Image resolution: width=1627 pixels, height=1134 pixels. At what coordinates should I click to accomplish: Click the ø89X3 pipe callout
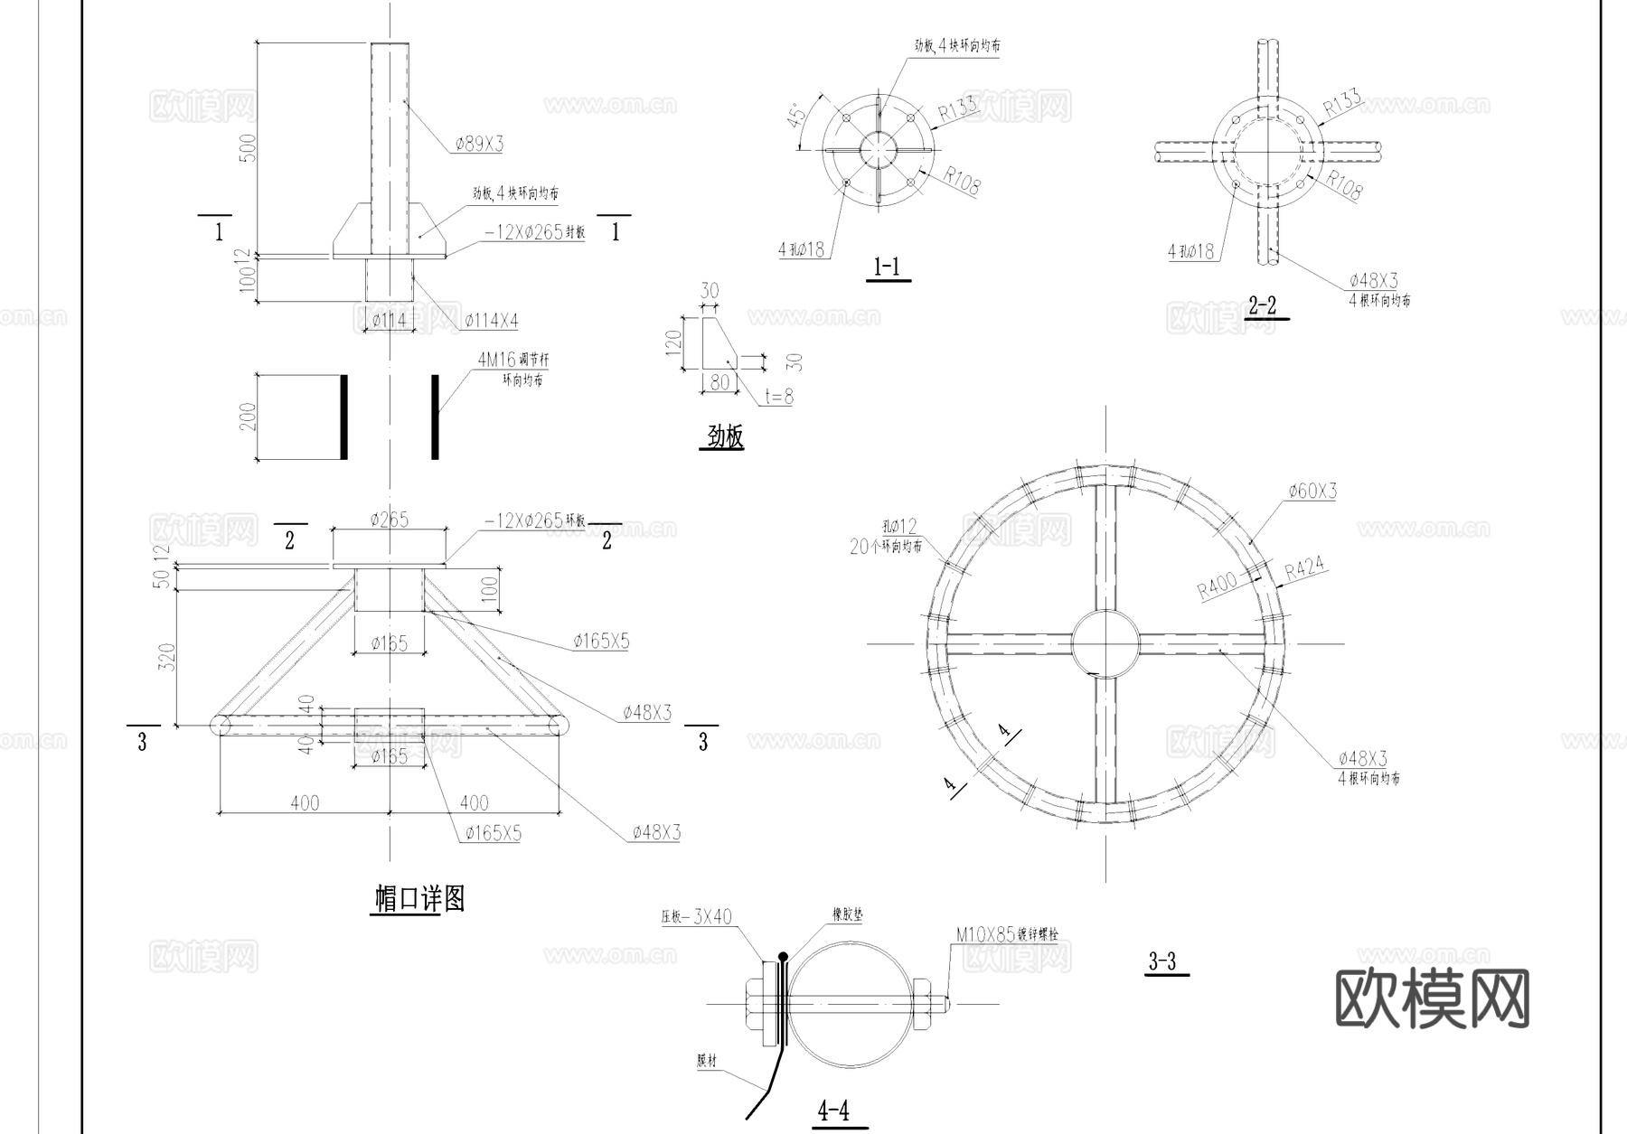click(x=479, y=144)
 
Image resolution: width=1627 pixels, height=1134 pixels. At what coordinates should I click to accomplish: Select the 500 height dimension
click(x=249, y=147)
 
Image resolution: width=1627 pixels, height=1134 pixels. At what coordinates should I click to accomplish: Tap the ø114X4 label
click(x=491, y=321)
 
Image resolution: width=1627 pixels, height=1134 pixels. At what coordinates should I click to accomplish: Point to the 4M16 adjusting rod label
click(x=513, y=360)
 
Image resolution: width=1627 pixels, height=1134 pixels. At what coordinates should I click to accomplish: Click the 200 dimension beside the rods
click(x=249, y=417)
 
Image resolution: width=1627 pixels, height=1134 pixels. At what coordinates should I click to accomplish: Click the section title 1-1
click(x=887, y=267)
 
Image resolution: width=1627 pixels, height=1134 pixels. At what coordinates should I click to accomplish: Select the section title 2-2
click(x=1262, y=305)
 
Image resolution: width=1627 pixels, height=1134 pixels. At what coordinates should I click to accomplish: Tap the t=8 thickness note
click(x=778, y=396)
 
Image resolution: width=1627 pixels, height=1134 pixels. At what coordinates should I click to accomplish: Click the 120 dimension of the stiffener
click(x=672, y=343)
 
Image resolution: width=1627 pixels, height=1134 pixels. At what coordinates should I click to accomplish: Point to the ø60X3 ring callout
click(x=1312, y=492)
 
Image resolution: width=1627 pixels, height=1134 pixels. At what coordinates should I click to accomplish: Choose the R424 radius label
click(x=1304, y=568)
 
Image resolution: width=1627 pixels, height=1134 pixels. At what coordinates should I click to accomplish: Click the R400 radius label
click(x=1217, y=586)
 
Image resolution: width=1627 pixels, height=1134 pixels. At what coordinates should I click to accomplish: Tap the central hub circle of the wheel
click(x=1105, y=643)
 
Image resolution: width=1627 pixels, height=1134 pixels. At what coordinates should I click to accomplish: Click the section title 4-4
click(x=832, y=1111)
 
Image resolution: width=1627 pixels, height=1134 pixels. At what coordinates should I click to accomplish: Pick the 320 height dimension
click(x=166, y=657)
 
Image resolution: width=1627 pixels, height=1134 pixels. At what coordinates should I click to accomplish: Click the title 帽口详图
click(x=419, y=899)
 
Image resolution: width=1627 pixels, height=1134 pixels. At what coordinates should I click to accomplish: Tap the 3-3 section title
click(x=1162, y=961)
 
